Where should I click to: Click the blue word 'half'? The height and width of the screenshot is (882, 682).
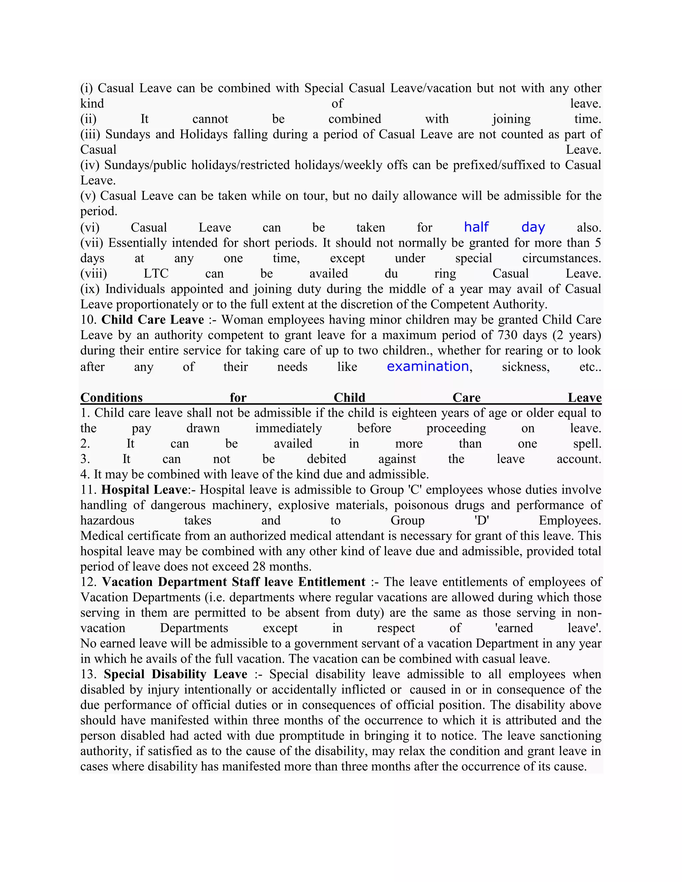476,227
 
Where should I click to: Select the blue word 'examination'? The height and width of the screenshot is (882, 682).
428,366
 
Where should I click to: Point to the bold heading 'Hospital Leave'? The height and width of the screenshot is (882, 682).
144,490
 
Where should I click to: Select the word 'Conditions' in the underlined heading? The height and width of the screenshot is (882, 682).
112,397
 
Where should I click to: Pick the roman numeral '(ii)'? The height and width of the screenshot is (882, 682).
89,119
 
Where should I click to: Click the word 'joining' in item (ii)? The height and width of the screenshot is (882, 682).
511,119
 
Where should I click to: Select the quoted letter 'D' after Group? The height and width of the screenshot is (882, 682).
481,520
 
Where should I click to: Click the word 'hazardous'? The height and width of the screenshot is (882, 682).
107,520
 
